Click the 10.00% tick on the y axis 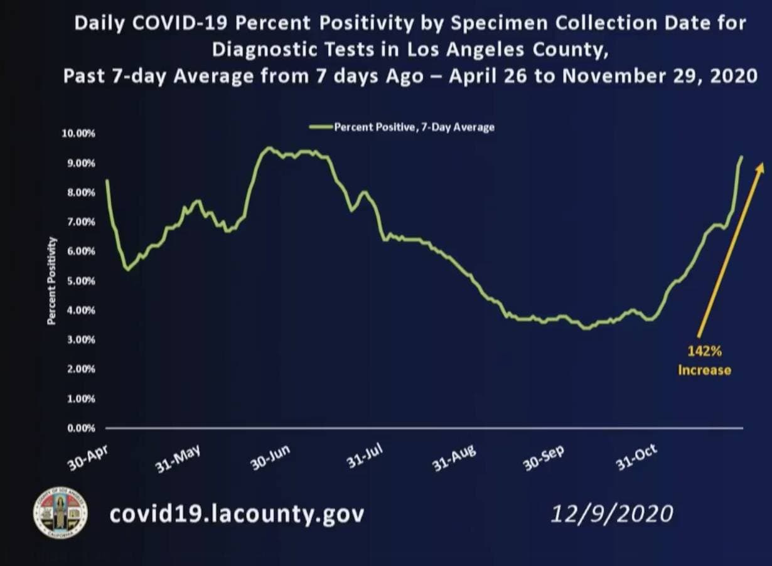78,134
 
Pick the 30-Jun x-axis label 271,459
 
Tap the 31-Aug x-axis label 454,459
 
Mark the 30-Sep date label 544,459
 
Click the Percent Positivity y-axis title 51,280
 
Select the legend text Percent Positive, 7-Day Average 414,127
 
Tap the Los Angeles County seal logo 60,513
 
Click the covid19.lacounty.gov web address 237,514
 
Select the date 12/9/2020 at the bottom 611,514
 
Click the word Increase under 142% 704,370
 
